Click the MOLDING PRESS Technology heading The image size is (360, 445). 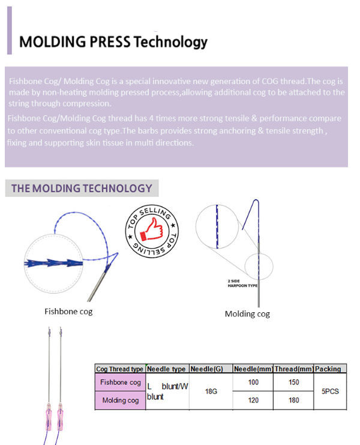(x=113, y=42)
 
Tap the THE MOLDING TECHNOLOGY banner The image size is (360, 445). (x=82, y=188)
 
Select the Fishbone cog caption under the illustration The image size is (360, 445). (x=68, y=311)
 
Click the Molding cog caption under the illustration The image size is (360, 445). (x=247, y=313)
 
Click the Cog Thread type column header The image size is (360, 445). (x=120, y=369)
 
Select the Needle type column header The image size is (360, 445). (x=167, y=369)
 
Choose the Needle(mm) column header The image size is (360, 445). (x=253, y=369)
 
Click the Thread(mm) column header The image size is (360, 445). (x=293, y=369)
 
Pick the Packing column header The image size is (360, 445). (x=328, y=369)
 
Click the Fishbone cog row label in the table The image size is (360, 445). (x=120, y=382)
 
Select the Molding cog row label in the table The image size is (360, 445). (x=120, y=400)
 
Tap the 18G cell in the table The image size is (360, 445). (x=211, y=391)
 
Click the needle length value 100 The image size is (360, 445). (x=253, y=382)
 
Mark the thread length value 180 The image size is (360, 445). (x=293, y=400)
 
